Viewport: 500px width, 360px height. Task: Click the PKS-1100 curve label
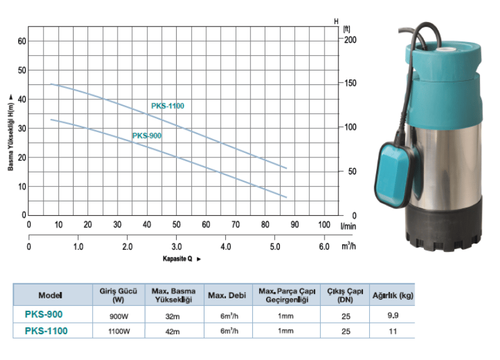(x=167, y=106)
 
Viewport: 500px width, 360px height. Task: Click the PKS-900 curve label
(x=147, y=136)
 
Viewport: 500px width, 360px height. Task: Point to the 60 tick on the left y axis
(x=22, y=41)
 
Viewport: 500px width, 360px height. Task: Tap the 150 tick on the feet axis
(x=350, y=83)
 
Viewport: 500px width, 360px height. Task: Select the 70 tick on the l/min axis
(x=235, y=225)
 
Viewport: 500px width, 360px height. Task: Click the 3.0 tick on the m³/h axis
(x=176, y=247)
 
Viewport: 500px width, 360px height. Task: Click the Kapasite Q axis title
(x=177, y=259)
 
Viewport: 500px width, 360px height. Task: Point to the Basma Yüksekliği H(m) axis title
(x=11, y=137)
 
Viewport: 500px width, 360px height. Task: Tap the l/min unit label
(x=348, y=227)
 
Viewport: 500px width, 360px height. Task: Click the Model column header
(x=50, y=295)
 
